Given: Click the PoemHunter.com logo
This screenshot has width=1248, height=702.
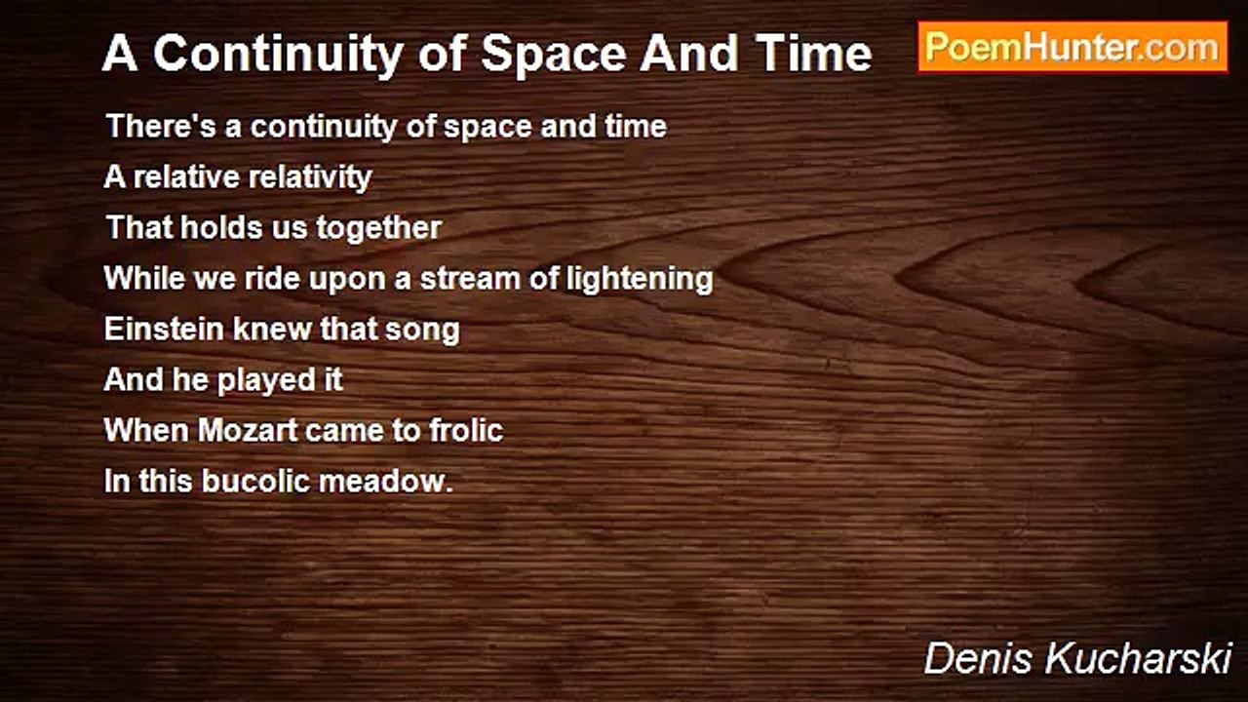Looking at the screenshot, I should (x=1072, y=47).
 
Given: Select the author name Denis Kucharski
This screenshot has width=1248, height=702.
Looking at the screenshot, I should (x=1077, y=658).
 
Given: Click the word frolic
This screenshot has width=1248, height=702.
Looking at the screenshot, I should (x=466, y=430).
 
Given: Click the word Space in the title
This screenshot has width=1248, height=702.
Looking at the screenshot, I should (x=556, y=55).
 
